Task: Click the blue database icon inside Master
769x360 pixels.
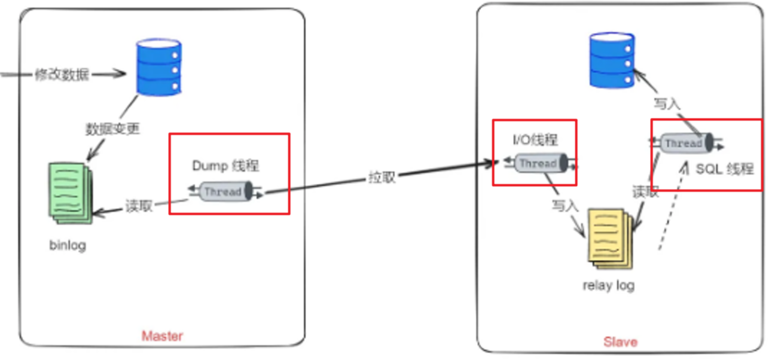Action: point(158,67)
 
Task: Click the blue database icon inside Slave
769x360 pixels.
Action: point(611,61)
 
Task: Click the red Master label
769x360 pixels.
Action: point(162,336)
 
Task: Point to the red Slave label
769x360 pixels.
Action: point(620,342)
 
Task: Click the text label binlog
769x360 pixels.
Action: point(68,246)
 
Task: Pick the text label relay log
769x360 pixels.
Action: point(609,286)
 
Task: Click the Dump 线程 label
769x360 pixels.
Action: point(225,166)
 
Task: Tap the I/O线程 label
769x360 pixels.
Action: point(535,140)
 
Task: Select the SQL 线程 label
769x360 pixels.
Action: point(724,169)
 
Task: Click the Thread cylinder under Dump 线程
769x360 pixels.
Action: point(222,192)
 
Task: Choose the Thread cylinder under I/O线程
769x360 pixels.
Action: point(538,163)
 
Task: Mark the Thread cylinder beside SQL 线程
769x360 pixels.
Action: point(683,144)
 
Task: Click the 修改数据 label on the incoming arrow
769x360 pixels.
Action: point(62,75)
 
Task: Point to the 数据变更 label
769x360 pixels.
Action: point(112,129)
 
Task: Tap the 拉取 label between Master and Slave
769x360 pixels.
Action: point(382,178)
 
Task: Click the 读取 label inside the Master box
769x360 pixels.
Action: point(139,206)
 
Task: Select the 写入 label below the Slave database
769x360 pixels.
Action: point(667,103)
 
